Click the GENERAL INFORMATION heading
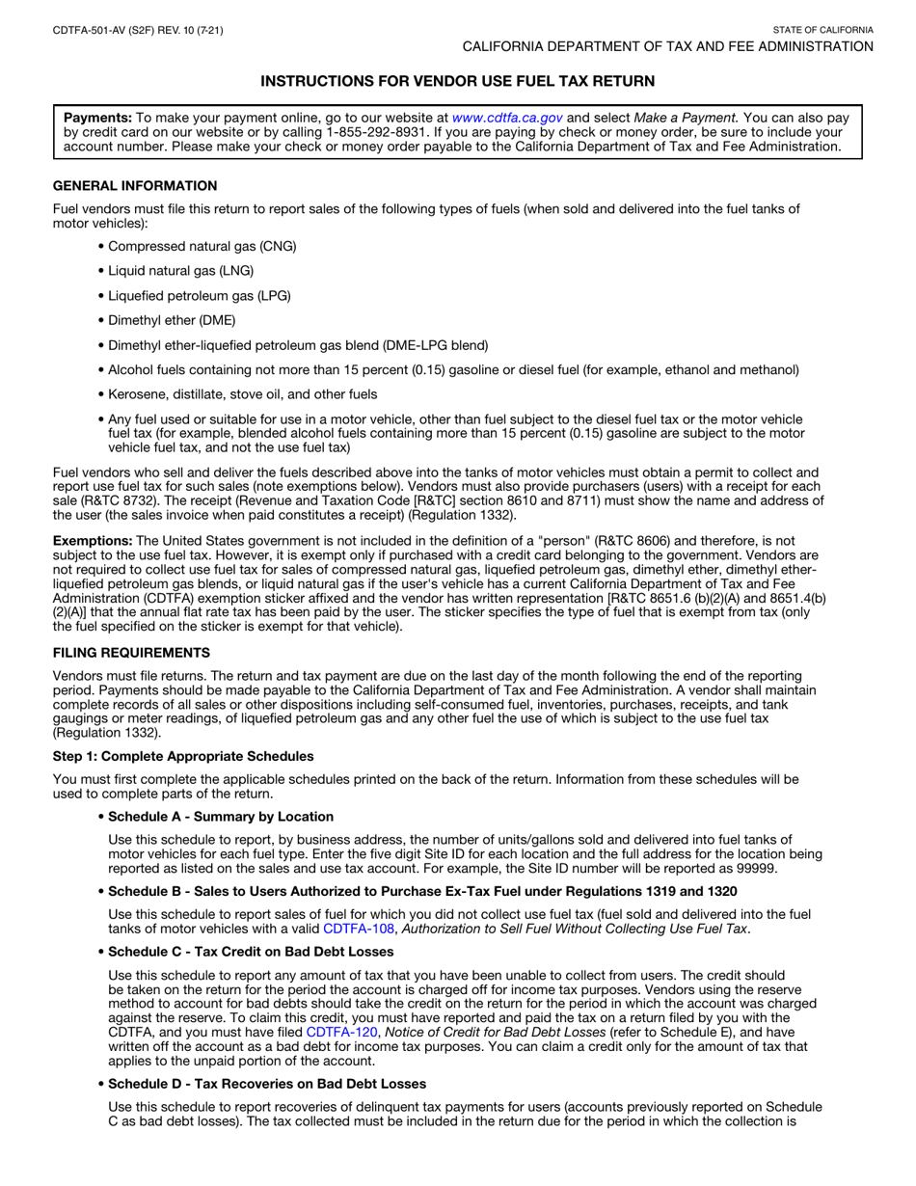135,186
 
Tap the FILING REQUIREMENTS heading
131,653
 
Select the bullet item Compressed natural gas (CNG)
202,246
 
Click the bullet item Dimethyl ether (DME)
171,320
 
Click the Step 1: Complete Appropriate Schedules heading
183,756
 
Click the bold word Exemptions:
94,540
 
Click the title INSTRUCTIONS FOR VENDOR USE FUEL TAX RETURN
458,82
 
